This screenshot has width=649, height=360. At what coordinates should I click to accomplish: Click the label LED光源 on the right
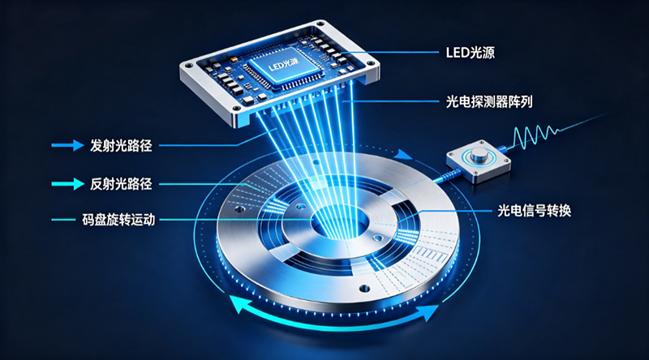point(471,53)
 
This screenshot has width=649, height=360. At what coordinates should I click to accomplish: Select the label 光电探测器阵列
point(489,101)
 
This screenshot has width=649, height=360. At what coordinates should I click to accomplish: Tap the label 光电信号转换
point(534,211)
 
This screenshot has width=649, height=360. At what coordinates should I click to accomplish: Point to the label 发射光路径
point(121,146)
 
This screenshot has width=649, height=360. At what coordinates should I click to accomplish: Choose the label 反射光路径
point(121,184)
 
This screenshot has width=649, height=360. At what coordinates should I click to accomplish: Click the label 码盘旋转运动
point(118,220)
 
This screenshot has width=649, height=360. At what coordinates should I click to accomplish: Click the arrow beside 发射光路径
point(67,145)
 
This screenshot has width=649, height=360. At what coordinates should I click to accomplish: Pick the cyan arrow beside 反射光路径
point(67,184)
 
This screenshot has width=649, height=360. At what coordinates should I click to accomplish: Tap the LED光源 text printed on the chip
point(283,65)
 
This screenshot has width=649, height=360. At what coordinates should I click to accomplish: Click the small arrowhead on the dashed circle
point(402,155)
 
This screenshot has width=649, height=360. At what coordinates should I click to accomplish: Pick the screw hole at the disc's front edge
point(364,288)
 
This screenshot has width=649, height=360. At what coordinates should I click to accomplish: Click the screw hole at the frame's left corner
point(189,66)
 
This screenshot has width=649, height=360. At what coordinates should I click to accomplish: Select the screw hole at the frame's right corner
point(371,64)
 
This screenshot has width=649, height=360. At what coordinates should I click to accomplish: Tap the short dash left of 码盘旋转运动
point(63,220)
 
